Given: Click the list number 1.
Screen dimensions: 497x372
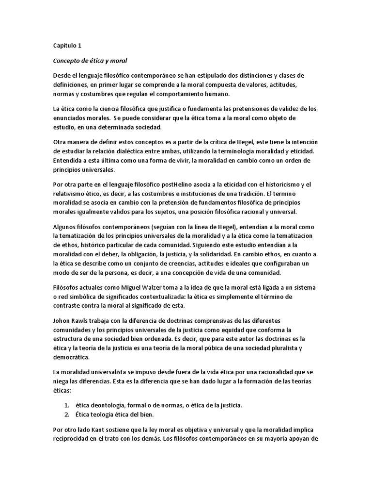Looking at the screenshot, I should point(66,405).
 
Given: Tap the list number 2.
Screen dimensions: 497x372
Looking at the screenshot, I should point(66,414).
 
